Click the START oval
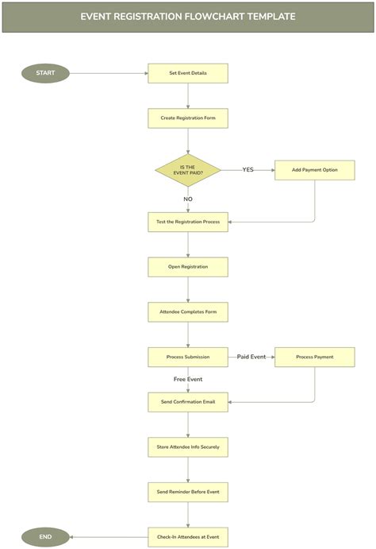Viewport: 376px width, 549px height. click(45, 73)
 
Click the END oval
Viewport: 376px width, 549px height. click(45, 537)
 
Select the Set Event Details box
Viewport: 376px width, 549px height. click(188, 73)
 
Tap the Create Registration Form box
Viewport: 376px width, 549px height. click(188, 118)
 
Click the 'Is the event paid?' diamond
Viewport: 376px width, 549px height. click(188, 170)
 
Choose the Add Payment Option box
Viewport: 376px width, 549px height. click(314, 170)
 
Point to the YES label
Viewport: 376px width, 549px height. click(247, 170)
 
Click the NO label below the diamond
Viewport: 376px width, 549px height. click(188, 199)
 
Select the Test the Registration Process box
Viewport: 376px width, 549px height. click(188, 222)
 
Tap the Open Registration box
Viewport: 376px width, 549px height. click(188, 267)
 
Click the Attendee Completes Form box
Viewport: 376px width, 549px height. click(188, 311)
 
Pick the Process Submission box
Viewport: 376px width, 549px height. click(188, 357)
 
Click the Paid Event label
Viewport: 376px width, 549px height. click(251, 357)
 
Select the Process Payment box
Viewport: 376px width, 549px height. click(314, 357)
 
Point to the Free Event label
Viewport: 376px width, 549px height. click(188, 379)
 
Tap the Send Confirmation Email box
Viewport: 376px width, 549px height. click(188, 402)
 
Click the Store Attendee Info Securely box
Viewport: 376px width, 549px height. click(188, 447)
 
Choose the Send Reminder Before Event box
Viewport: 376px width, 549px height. click(188, 492)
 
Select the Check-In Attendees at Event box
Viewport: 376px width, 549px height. click(188, 537)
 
